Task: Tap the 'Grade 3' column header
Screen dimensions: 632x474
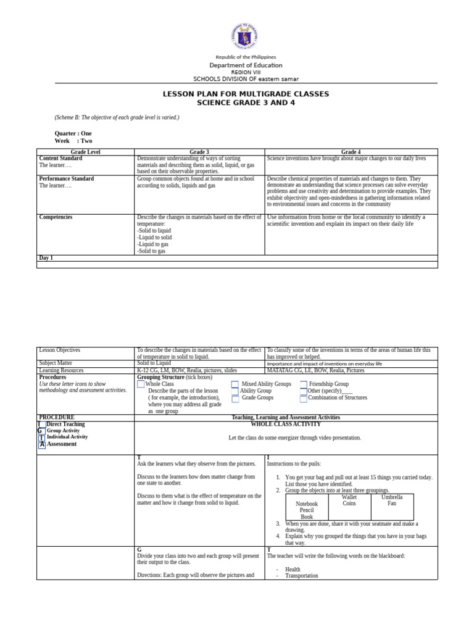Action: pos(199,151)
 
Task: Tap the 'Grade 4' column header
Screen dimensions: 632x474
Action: pos(351,151)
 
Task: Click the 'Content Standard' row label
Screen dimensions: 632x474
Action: pos(60,158)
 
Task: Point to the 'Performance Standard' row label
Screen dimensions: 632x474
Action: pos(66,178)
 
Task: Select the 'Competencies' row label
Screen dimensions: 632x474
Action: pos(56,217)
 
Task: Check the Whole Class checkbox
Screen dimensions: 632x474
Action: pos(141,384)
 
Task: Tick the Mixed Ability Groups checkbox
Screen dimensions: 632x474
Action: pos(235,384)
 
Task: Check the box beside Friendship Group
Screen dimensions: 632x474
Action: pos(304,384)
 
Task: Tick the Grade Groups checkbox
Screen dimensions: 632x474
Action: pos(235,399)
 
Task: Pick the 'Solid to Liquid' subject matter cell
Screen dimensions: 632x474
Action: pos(154,364)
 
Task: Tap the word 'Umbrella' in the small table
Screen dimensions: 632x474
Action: pos(391,496)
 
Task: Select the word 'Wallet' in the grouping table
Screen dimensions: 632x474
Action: pos(349,496)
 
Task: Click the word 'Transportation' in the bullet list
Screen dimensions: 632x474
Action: pos(302,575)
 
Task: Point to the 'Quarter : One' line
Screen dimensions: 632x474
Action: pos(73,133)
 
